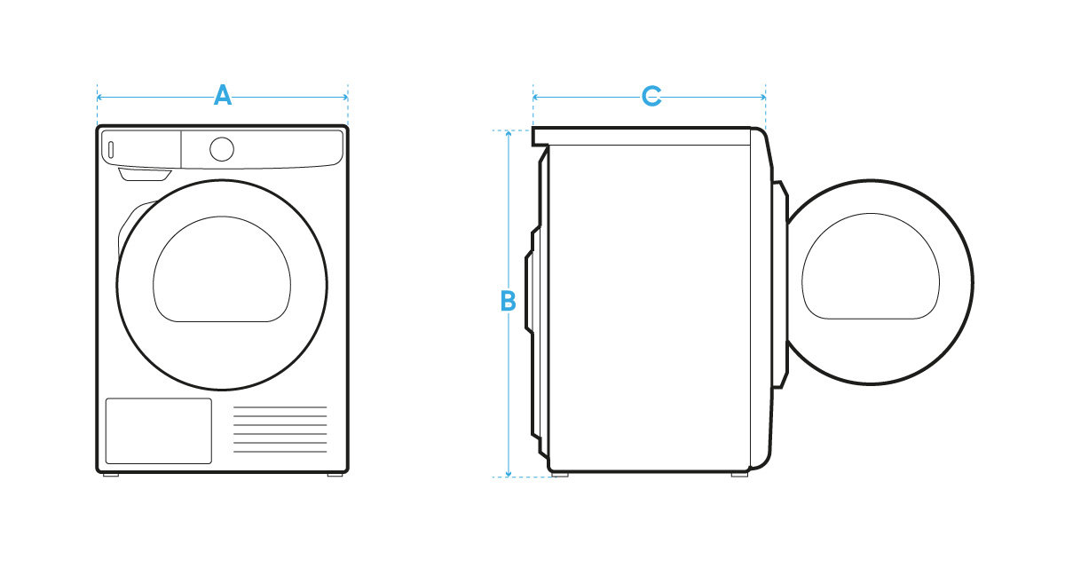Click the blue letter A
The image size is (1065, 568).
[x=223, y=96]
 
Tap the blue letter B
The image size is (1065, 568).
[x=508, y=302]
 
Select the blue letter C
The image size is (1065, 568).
[x=651, y=96]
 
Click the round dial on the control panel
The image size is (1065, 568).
[x=222, y=148]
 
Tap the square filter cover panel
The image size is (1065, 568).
[x=159, y=430]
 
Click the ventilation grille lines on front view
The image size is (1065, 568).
[x=280, y=430]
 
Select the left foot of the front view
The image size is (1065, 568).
[x=110, y=476]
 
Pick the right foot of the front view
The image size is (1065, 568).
[x=335, y=476]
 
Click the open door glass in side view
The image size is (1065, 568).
[x=870, y=266]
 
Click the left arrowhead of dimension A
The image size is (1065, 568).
[x=100, y=96]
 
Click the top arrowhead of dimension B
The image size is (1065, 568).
[x=508, y=134]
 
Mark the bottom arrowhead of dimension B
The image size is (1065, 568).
[x=508, y=473]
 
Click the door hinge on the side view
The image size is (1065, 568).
[x=780, y=284]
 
